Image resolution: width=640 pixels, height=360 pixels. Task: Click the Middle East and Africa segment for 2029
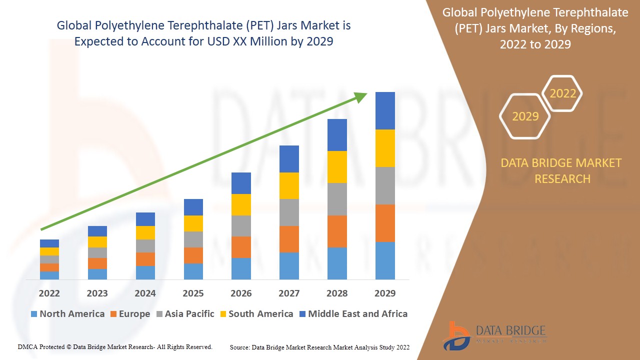pyautogui.click(x=385, y=110)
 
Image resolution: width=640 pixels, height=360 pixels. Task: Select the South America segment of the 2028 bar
pyautogui.click(x=337, y=167)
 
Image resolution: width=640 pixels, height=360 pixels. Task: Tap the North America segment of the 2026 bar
pyautogui.click(x=241, y=268)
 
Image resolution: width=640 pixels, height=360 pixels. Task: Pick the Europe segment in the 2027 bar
pyautogui.click(x=289, y=239)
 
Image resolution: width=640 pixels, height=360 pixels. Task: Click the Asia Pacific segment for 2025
pyautogui.click(x=193, y=239)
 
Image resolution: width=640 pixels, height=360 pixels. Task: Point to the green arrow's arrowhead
pyautogui.click(x=361, y=96)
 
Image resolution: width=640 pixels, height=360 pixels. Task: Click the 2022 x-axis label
pyautogui.click(x=49, y=293)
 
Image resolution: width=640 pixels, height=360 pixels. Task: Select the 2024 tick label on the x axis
pyautogui.click(x=145, y=293)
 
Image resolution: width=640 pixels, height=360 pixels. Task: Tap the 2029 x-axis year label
pyautogui.click(x=385, y=293)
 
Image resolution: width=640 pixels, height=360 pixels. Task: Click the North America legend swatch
pyautogui.click(x=34, y=314)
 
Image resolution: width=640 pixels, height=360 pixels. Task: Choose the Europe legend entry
pyautogui.click(x=129, y=314)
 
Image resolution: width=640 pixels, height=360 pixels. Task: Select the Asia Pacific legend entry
pyautogui.click(x=185, y=314)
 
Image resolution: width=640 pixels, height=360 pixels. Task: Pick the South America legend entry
pyautogui.click(x=256, y=314)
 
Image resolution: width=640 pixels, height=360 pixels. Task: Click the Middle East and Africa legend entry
pyautogui.click(x=353, y=314)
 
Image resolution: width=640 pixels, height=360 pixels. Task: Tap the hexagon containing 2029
pyautogui.click(x=525, y=116)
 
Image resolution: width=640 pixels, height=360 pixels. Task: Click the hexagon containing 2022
pyautogui.click(x=562, y=93)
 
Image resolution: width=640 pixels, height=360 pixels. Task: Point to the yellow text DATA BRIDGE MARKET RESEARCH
pyautogui.click(x=562, y=170)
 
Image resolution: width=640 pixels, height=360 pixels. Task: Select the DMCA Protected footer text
pyautogui.click(x=115, y=346)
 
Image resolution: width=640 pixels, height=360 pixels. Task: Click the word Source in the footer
pyautogui.click(x=239, y=347)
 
